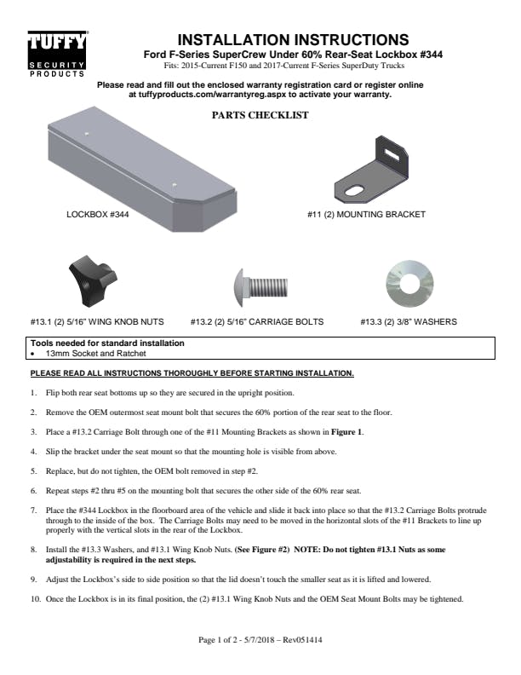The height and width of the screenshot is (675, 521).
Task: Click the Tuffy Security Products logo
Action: (x=57, y=53)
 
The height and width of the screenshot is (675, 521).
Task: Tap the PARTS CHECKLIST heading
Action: (x=260, y=115)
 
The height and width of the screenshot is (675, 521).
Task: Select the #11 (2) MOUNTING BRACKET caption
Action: (x=366, y=215)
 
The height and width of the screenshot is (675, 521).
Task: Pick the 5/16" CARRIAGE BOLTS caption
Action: (x=257, y=322)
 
